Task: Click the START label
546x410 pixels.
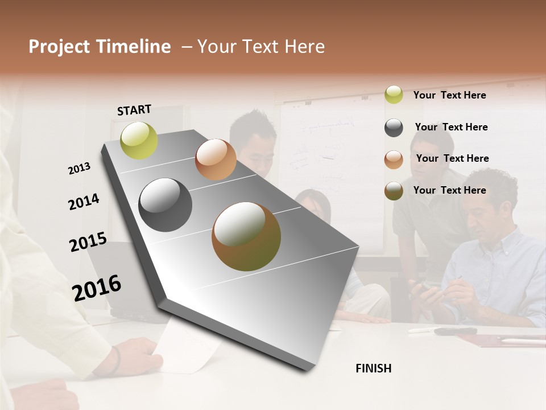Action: (134, 110)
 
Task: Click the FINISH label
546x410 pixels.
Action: (374, 368)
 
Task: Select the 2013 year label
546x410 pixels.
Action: (79, 169)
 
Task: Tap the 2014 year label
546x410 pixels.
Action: (84, 202)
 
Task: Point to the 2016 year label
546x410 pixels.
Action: (97, 288)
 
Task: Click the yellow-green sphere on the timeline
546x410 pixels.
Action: (139, 140)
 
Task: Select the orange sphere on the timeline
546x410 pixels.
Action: (216, 159)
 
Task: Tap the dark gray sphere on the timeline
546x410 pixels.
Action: (166, 204)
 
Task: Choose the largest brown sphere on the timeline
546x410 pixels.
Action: (246, 236)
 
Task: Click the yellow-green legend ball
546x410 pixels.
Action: (394, 95)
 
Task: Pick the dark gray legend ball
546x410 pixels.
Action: (394, 128)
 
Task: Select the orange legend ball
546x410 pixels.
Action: (394, 159)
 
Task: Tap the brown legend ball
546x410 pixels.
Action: (394, 191)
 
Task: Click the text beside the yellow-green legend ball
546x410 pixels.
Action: (449, 95)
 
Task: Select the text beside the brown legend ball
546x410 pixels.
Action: (449, 190)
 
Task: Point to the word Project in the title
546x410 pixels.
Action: (58, 47)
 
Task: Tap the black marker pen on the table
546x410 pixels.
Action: (455, 331)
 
